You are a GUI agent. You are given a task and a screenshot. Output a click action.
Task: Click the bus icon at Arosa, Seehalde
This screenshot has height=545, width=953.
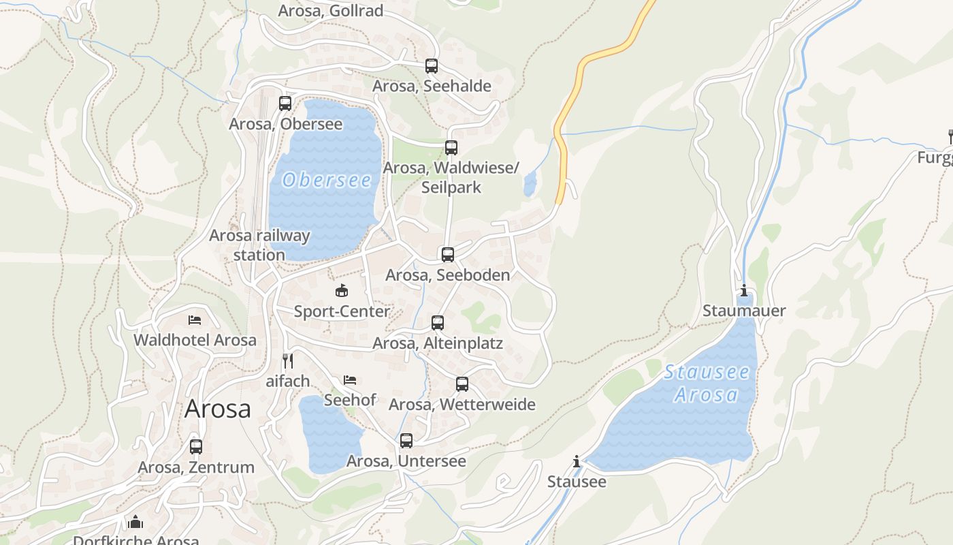pyautogui.click(x=432, y=66)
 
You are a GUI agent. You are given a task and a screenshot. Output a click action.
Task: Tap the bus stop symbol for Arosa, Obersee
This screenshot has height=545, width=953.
pyautogui.click(x=285, y=104)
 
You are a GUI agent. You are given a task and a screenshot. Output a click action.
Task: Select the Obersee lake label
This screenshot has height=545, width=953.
pyautogui.click(x=327, y=180)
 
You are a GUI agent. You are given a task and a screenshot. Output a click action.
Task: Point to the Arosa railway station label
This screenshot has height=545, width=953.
pyautogui.click(x=259, y=245)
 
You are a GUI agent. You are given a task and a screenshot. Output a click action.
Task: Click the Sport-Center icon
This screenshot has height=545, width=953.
pyautogui.click(x=341, y=291)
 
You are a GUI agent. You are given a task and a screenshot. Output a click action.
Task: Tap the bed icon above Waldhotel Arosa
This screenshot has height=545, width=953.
pyautogui.click(x=195, y=320)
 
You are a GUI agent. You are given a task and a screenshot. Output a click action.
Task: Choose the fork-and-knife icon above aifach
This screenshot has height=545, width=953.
pyautogui.click(x=288, y=361)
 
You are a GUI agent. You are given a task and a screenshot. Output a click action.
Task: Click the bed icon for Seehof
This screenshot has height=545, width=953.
pyautogui.click(x=350, y=379)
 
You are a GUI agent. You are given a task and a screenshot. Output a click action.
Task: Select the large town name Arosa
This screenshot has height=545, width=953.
pyautogui.click(x=218, y=409)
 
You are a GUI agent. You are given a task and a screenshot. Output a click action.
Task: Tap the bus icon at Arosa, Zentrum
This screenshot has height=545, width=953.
pyautogui.click(x=196, y=447)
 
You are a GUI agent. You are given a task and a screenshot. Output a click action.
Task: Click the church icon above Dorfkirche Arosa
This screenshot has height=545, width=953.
pyautogui.click(x=135, y=522)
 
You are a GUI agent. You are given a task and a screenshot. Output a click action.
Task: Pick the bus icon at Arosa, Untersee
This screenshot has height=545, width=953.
pyautogui.click(x=406, y=441)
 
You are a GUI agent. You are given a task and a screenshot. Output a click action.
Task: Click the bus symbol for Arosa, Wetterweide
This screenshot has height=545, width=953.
pyautogui.click(x=462, y=384)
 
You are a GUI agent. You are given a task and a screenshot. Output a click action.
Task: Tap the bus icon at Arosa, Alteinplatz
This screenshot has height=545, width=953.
pyautogui.click(x=438, y=323)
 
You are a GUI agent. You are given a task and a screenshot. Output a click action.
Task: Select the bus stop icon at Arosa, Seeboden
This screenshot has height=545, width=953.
pyautogui.click(x=448, y=255)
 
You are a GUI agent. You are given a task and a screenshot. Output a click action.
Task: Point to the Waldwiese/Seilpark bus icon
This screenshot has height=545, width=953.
pyautogui.click(x=451, y=148)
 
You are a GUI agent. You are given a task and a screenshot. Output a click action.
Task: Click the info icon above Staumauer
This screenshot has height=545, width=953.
pyautogui.click(x=743, y=291)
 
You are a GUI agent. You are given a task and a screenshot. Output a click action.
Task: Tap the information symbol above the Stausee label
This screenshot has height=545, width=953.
pyautogui.click(x=577, y=462)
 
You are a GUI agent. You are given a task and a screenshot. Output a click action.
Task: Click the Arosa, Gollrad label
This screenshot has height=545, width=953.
pyautogui.click(x=331, y=11)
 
